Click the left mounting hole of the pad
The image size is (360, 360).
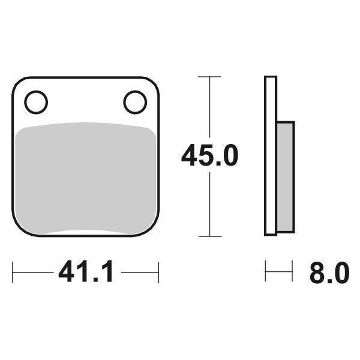pos(36,101)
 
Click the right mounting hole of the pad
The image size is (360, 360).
pos(135,101)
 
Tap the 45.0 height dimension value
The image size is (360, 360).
pos(210,157)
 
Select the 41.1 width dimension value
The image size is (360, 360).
pos(86,274)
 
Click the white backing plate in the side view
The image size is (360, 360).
pos(271,156)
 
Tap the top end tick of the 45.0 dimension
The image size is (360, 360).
pos(208,77)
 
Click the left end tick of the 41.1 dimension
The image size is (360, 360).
pos(13,274)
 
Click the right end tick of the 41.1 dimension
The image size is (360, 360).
pos(158,274)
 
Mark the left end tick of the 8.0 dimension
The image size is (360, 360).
pos(266,274)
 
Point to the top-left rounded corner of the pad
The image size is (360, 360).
pos(17,82)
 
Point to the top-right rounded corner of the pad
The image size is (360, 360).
pos(154,82)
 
